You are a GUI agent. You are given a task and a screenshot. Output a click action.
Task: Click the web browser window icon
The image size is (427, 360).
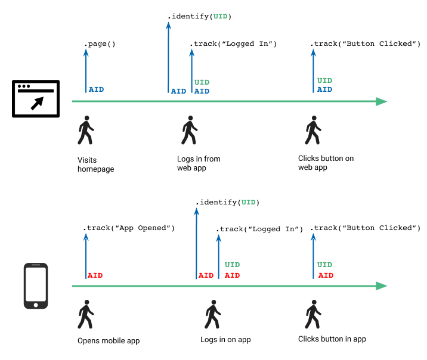coord(36,98)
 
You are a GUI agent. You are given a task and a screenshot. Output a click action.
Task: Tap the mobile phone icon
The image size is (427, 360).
coord(36,286)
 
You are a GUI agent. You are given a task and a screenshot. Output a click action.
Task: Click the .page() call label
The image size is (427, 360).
coord(100,44)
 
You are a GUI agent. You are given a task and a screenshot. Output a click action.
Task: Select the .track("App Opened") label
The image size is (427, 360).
coord(129,228)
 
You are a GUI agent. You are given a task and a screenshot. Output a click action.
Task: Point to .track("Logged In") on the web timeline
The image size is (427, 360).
coord(233,44)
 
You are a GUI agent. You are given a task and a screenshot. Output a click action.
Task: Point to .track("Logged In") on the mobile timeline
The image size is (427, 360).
coord(259,229)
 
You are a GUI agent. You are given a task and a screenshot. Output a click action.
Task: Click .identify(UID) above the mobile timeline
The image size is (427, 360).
coord(228,203)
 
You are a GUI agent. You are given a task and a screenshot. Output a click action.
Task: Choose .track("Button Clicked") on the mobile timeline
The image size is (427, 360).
coord(367,228)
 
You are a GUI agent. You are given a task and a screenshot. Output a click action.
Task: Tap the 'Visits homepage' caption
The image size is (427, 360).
coord(95,165)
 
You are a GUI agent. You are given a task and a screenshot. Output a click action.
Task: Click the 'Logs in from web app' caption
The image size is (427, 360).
coord(199,163)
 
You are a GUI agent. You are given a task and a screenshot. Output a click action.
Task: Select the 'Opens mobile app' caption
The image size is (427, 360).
coord(109,341)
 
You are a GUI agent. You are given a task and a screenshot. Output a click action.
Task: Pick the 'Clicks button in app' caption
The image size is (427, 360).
coord(332,339)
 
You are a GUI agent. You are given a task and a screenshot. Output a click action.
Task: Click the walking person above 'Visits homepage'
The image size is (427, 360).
coord(86,130)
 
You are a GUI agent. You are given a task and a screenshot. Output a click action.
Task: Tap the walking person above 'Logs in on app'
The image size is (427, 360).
coord(211,315)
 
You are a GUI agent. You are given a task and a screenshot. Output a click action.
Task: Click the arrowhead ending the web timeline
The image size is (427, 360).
coord(382,101)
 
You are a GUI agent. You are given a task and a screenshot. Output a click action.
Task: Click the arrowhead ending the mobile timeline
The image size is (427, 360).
coord(382,286)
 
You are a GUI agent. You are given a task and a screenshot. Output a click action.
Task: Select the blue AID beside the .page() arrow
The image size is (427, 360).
coord(96,89)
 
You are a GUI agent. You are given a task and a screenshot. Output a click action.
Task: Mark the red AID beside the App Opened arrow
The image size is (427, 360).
coord(95,275)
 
